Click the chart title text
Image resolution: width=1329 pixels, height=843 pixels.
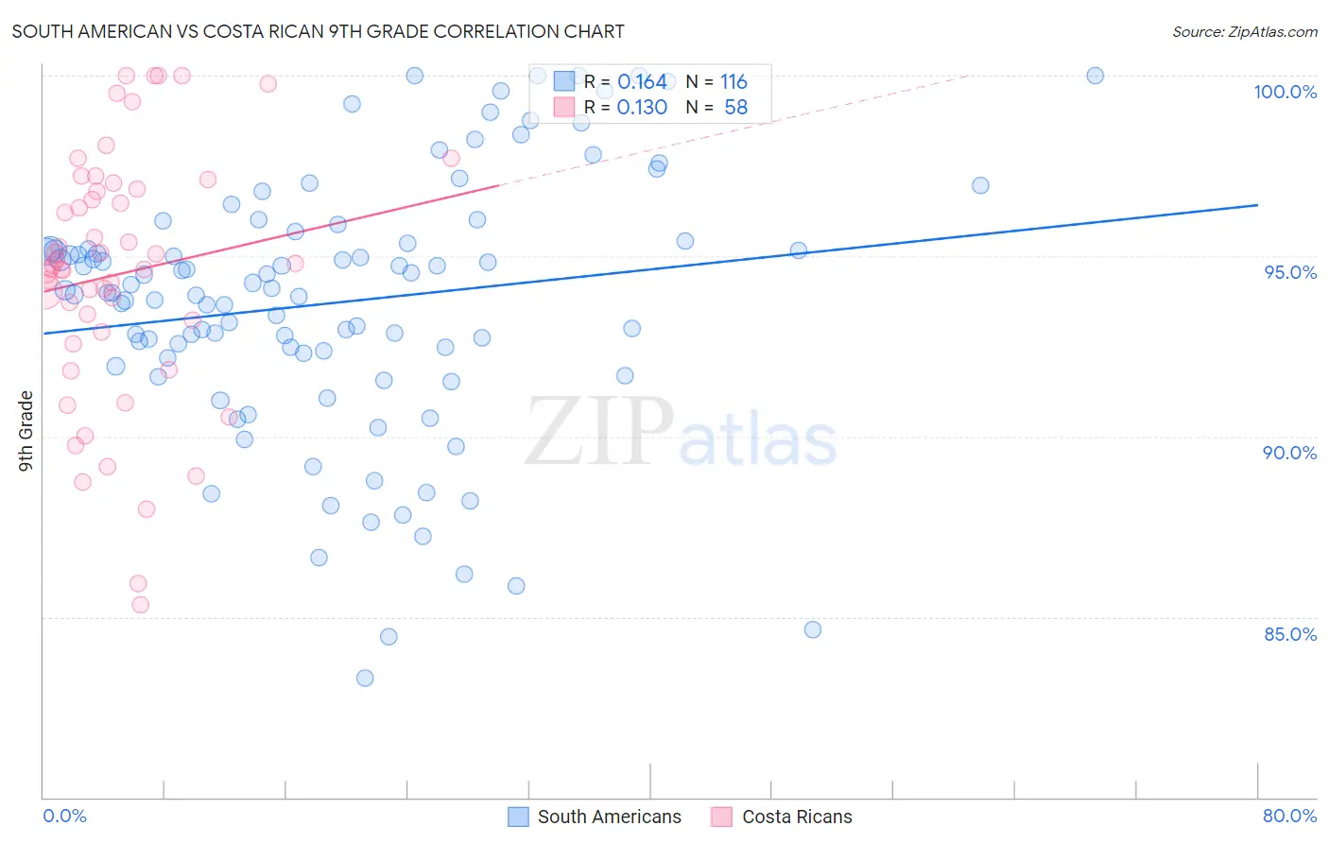pyautogui.click(x=318, y=31)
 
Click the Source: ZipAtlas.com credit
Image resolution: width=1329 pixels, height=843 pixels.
pyautogui.click(x=1244, y=31)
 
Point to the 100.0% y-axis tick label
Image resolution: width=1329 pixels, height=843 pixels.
pyautogui.click(x=1285, y=92)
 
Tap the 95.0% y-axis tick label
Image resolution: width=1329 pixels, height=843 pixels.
pyautogui.click(x=1290, y=272)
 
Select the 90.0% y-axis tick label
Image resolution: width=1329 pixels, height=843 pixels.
pyautogui.click(x=1290, y=453)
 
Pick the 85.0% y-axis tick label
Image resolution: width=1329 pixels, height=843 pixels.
pyautogui.click(x=1290, y=634)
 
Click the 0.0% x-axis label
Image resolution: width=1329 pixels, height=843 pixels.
pyautogui.click(x=64, y=816)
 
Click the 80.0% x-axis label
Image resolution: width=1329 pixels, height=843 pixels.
pyautogui.click(x=1289, y=816)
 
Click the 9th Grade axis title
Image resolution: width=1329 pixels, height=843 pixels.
pyautogui.click(x=26, y=431)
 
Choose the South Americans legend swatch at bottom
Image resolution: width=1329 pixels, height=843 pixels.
pyautogui.click(x=518, y=817)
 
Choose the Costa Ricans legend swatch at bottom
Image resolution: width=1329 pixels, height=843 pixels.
pyautogui.click(x=722, y=817)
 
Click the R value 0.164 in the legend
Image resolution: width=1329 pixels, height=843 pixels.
pyautogui.click(x=642, y=82)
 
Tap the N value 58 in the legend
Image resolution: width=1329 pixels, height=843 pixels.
pyautogui.click(x=735, y=108)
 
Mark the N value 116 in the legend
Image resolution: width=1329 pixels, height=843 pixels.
pyautogui.click(x=734, y=82)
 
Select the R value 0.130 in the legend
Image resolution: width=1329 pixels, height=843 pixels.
pyautogui.click(x=642, y=108)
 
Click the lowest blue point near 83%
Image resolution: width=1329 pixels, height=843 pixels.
pyautogui.click(x=365, y=678)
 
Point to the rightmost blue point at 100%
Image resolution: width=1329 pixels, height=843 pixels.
pyautogui.click(x=1095, y=76)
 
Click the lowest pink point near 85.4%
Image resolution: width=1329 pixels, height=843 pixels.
pyautogui.click(x=141, y=605)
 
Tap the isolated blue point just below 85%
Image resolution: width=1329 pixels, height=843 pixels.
pyautogui.click(x=813, y=629)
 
